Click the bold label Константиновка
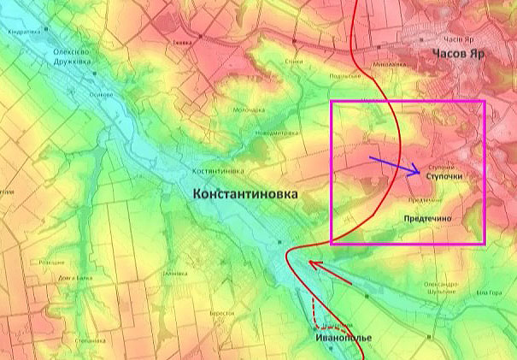247,195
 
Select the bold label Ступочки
449,175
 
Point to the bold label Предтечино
439,219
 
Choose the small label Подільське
345,76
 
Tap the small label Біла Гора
495,292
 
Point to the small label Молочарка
250,109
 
